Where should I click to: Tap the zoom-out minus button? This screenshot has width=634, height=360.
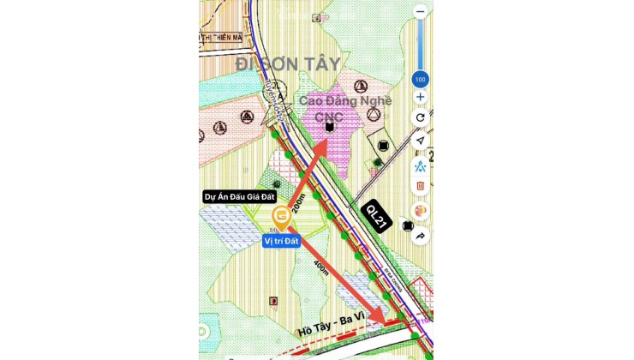pyautogui.click(x=420, y=13)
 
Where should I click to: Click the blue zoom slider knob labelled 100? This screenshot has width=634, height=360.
pyautogui.click(x=420, y=79)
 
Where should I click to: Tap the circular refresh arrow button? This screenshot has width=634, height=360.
pyautogui.click(x=420, y=117)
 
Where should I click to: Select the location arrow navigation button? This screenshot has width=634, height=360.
pyautogui.click(x=420, y=141)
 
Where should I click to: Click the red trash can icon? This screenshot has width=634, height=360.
pyautogui.click(x=420, y=185)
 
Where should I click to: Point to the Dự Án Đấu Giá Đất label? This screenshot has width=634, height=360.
pyautogui.click(x=231, y=196)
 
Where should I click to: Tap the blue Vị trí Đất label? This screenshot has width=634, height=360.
pyautogui.click(x=284, y=242)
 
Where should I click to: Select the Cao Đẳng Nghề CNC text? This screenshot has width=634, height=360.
pyautogui.click(x=345, y=108)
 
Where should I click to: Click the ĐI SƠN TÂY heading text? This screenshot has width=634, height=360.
pyautogui.click(x=288, y=63)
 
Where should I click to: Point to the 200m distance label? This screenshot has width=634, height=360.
pyautogui.click(x=297, y=202)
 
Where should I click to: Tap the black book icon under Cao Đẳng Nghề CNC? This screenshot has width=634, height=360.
pyautogui.click(x=329, y=127)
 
